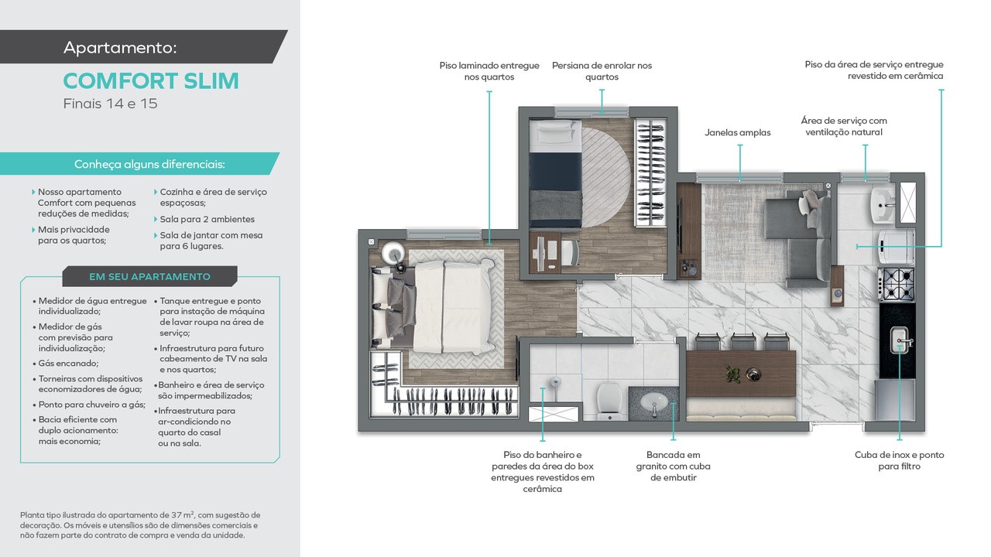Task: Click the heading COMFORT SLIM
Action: click(x=151, y=81)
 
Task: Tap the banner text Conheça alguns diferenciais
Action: click(x=149, y=165)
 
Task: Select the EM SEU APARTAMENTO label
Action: click(x=149, y=277)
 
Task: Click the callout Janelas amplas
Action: click(x=738, y=132)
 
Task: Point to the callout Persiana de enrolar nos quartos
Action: click(x=602, y=71)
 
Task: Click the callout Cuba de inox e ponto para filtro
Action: click(x=899, y=460)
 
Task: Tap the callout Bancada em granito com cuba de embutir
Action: click(x=673, y=466)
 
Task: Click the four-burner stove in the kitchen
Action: click(x=897, y=284)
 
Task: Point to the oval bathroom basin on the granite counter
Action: click(x=654, y=403)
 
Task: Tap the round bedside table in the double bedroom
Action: click(x=393, y=253)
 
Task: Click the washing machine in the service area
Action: click(x=897, y=247)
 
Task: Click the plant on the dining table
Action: click(x=732, y=374)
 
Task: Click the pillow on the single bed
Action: click(x=556, y=132)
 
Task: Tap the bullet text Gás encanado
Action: click(x=68, y=364)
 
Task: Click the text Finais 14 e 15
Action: click(x=110, y=104)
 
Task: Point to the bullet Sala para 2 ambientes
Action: click(x=207, y=219)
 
